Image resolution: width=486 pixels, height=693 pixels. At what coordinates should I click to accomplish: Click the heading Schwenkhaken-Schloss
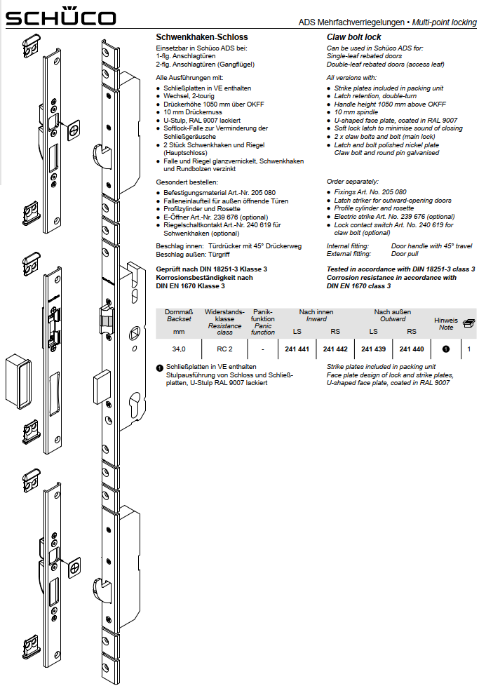pyautogui.click(x=201, y=36)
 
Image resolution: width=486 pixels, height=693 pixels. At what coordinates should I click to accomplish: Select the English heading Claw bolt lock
pyautogui.click(x=353, y=36)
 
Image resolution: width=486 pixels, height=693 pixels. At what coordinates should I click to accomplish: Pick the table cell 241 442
pyautogui.click(x=335, y=349)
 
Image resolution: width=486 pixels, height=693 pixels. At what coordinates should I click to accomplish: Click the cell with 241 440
pyautogui.click(x=412, y=349)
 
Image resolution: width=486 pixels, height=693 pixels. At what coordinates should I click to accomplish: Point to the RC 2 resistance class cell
pyautogui.click(x=224, y=349)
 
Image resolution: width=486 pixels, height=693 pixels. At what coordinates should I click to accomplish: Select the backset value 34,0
pyautogui.click(x=179, y=349)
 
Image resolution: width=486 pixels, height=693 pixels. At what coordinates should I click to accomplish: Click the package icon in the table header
pyautogui.click(x=468, y=322)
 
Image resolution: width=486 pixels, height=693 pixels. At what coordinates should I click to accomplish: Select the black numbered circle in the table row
pyautogui.click(x=445, y=349)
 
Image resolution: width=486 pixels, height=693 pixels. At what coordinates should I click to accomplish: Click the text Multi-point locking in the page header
pyautogui.click(x=444, y=22)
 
